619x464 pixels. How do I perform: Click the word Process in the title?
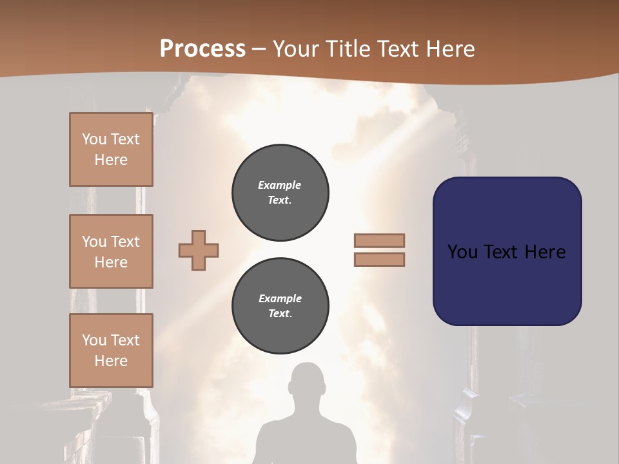[x=202, y=49]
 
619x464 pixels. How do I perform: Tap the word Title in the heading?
[x=348, y=49]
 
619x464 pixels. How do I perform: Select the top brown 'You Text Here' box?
[x=111, y=150]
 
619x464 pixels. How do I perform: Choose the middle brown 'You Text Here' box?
[x=111, y=251]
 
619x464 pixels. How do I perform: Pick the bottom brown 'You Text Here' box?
[x=111, y=351]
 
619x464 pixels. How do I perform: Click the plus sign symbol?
[x=199, y=250]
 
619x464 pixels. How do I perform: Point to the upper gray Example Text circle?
[x=280, y=192]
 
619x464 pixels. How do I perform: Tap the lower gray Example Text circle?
[x=280, y=305]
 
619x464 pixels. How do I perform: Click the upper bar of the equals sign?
[x=379, y=241]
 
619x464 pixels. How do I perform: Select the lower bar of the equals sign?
[x=379, y=259]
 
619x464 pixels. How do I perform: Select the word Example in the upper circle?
[x=280, y=185]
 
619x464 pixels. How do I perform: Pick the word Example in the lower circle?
[x=280, y=298]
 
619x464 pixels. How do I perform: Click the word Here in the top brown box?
[x=111, y=160]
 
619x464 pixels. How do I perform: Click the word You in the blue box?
[x=462, y=252]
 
